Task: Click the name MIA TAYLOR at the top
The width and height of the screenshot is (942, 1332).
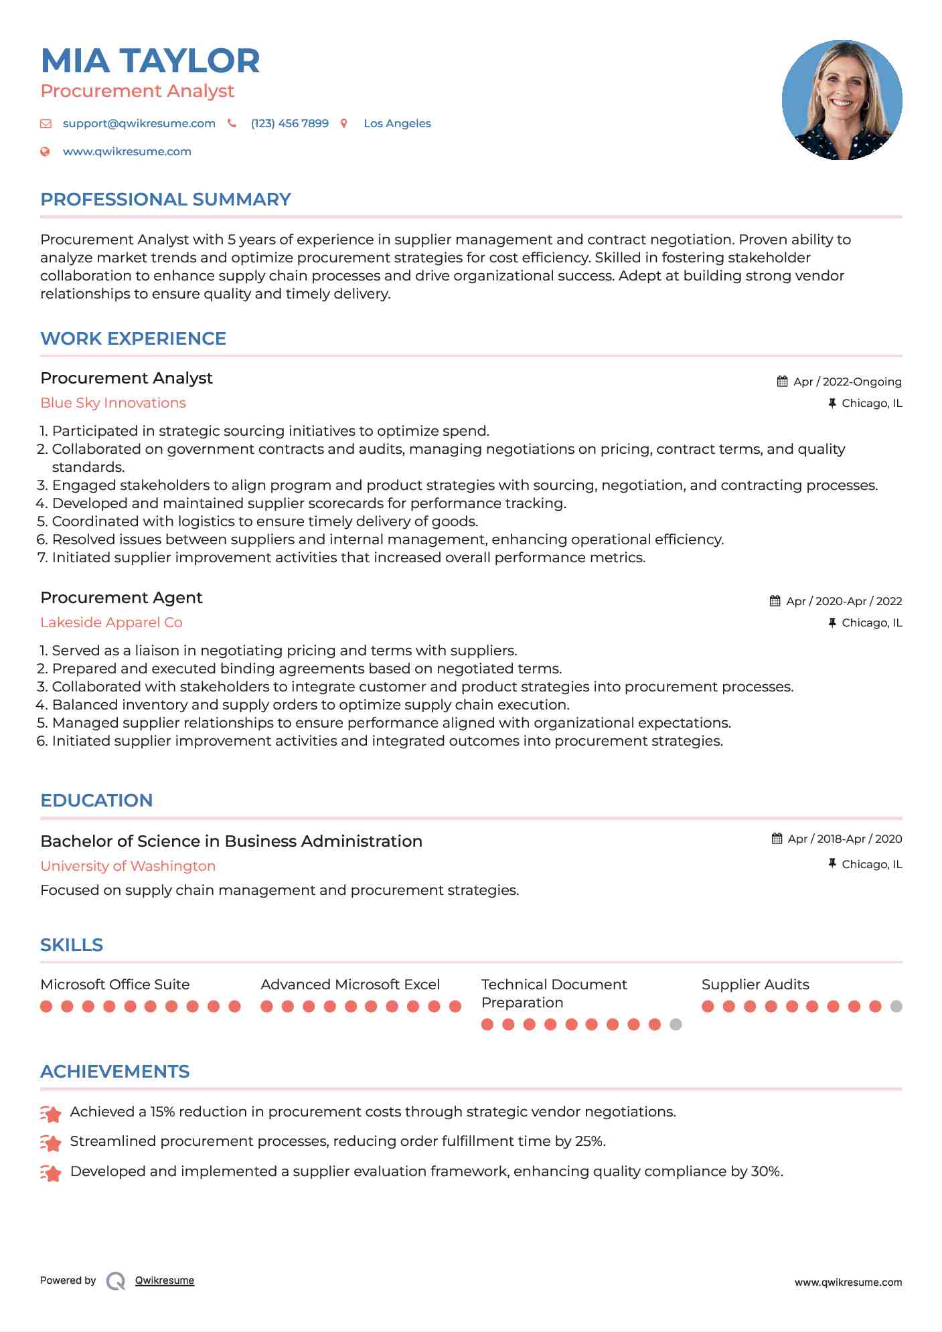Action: coord(150,61)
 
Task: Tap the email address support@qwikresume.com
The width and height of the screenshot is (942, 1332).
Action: coord(139,123)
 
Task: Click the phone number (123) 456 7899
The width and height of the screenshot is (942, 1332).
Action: coord(289,123)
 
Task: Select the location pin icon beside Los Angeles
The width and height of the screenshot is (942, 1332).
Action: coord(344,123)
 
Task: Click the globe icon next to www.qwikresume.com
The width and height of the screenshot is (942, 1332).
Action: coord(45,151)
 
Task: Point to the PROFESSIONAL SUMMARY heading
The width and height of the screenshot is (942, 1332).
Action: coord(165,199)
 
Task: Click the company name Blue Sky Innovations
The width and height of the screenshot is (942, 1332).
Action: coord(113,403)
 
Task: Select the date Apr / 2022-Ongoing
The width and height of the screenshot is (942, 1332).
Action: coord(847,382)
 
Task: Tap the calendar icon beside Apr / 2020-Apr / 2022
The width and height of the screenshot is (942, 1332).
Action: coord(775,601)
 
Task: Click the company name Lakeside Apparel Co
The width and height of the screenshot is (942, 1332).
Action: coord(111,622)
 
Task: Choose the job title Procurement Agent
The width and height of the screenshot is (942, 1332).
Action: coord(121,598)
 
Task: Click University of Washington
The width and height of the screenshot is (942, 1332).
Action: coord(128,866)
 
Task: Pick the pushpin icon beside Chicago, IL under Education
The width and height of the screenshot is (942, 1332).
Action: coord(832,864)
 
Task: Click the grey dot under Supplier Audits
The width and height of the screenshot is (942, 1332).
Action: coord(896,1006)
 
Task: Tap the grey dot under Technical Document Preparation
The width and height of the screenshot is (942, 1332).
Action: coord(676,1024)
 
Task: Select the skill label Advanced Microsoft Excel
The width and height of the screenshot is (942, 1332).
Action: coord(350,985)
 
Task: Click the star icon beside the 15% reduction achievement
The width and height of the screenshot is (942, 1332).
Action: coord(50,1113)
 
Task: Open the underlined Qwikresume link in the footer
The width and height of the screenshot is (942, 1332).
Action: coord(165,1280)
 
